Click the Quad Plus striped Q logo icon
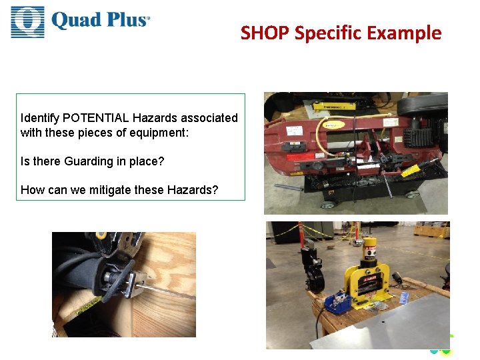(x=27, y=21)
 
